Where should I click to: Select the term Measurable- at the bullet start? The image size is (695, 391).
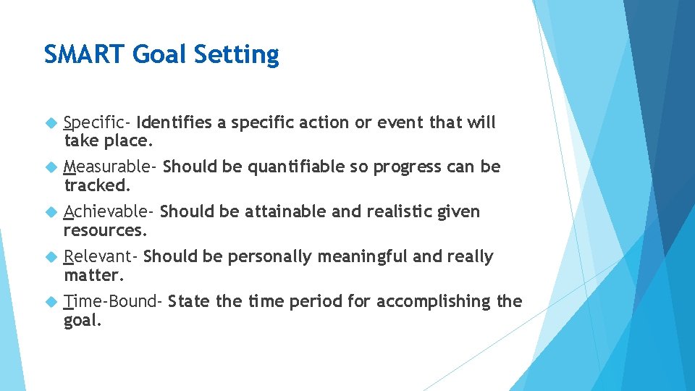(110, 167)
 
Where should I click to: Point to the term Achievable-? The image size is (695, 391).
(109, 211)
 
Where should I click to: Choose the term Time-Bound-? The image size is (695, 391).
(113, 301)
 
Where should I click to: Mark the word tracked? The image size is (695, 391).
(97, 185)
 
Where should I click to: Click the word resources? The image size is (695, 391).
(105, 230)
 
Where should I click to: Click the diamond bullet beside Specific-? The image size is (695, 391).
(50, 123)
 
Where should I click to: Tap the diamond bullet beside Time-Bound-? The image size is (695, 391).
(50, 302)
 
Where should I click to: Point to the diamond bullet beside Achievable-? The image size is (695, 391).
(50, 212)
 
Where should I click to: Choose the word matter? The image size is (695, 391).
(94, 275)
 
